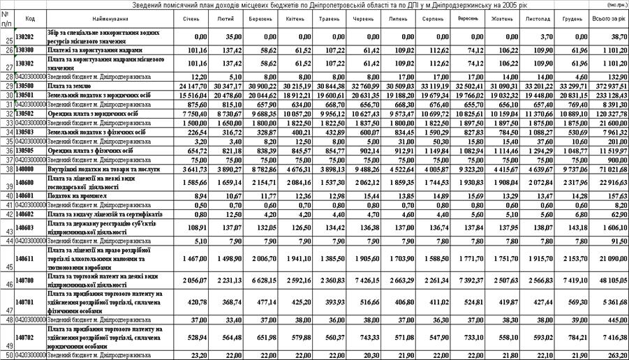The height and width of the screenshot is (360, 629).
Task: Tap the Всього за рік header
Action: (608, 17)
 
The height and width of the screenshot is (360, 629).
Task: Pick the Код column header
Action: (29, 17)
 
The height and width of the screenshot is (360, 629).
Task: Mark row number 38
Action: (6, 169)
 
